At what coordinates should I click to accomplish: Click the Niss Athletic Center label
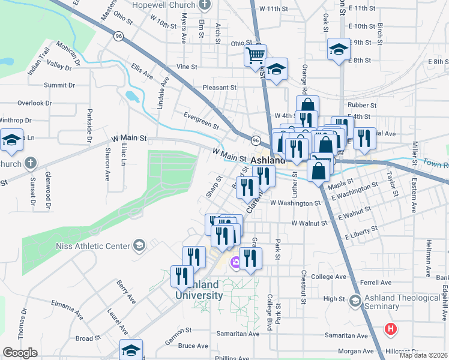(92, 246)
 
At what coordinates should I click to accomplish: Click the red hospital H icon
(391, 329)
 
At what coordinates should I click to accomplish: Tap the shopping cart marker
(255, 56)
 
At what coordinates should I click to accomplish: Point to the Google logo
(20, 353)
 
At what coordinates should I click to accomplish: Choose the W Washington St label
(295, 203)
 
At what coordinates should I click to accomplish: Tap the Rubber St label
(364, 104)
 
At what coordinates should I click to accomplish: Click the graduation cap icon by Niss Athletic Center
(139, 245)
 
